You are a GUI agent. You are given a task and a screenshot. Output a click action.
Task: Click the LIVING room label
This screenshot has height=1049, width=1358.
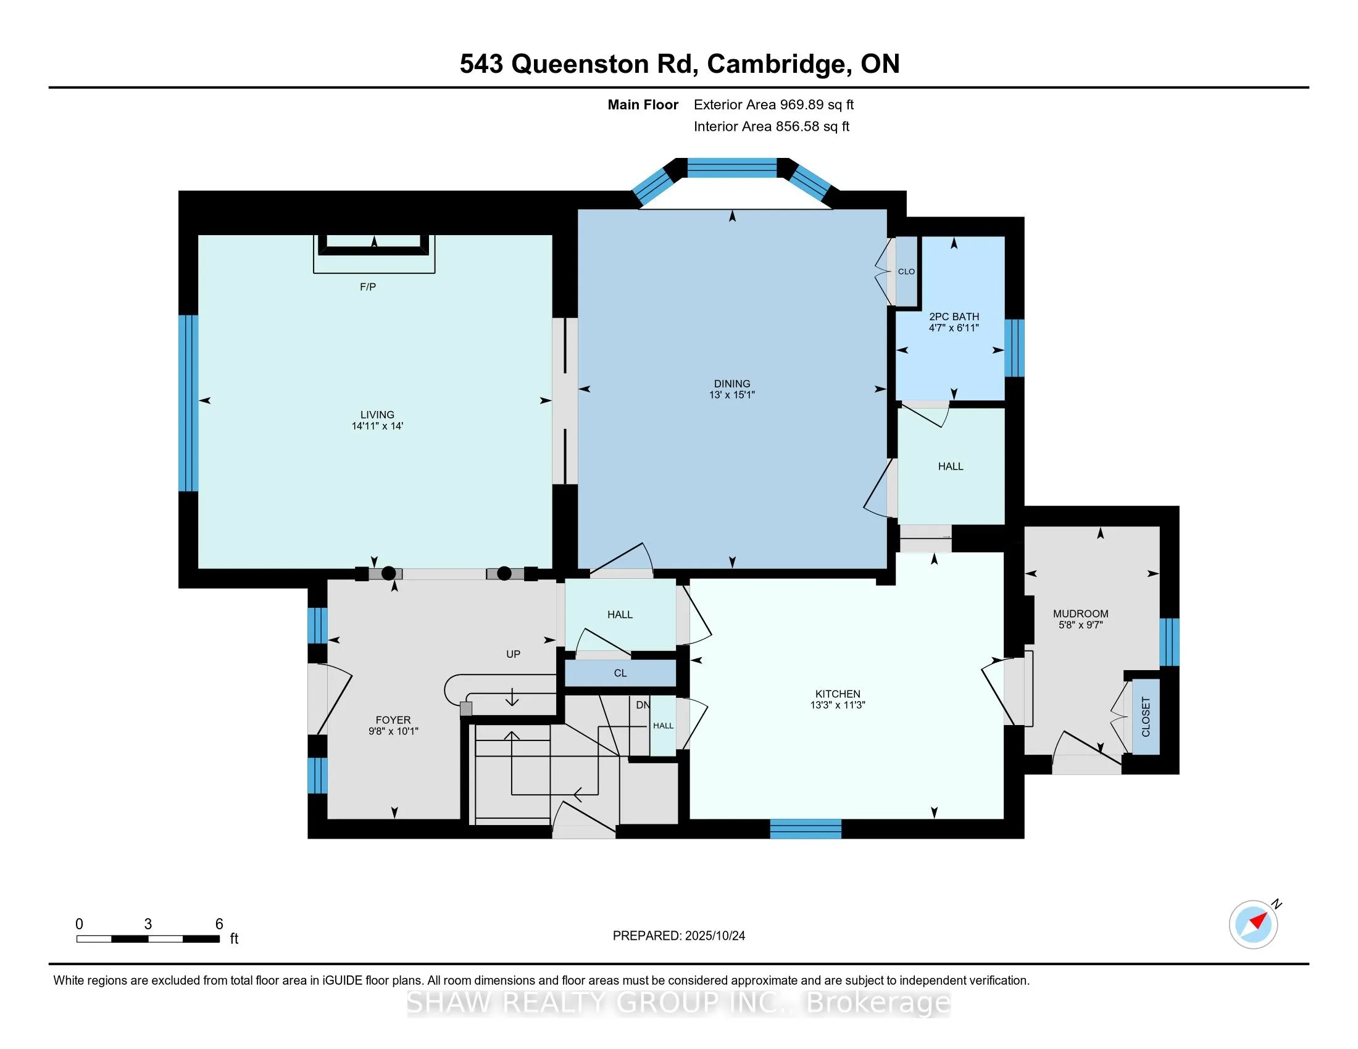point(377,415)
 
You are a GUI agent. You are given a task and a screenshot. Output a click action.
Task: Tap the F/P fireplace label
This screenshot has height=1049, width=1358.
point(367,286)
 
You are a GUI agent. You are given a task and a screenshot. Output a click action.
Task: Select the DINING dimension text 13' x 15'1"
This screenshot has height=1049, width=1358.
point(732,395)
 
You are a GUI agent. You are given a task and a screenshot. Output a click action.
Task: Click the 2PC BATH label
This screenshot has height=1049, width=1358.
point(954,317)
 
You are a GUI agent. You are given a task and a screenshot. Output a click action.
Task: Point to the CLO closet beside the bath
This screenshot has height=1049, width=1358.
point(906,272)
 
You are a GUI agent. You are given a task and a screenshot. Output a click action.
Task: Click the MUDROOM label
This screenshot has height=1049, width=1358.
point(1081,613)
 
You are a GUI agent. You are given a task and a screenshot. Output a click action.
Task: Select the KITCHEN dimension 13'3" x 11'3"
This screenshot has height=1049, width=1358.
point(838,705)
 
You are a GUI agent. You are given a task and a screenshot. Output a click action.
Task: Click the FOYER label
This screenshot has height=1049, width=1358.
point(393,720)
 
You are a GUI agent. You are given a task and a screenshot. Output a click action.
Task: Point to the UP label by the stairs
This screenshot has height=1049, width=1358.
point(513,653)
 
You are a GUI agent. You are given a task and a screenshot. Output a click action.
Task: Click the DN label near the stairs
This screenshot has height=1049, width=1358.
point(643,705)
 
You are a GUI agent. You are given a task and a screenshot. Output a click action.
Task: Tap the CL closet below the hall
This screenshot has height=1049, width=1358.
point(620,673)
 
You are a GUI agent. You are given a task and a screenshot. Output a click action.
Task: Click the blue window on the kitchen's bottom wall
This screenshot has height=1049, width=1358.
point(805,828)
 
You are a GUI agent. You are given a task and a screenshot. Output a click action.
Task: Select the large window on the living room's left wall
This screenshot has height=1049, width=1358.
point(188,403)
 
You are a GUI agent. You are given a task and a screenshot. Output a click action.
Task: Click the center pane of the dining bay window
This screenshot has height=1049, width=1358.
point(732,168)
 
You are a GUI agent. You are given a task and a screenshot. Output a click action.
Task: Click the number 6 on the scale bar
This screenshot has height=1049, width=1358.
point(219,924)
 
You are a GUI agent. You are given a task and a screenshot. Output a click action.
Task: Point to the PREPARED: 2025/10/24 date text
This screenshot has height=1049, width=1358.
point(678,935)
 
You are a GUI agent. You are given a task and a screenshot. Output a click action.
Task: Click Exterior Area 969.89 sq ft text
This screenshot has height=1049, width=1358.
point(773,104)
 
